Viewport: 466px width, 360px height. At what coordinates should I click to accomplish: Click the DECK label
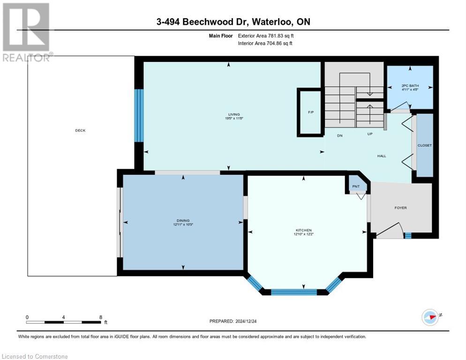[x=80, y=130]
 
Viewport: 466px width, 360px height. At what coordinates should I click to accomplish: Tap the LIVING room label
[x=233, y=114]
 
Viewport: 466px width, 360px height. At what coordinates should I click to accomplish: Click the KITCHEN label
[x=304, y=230]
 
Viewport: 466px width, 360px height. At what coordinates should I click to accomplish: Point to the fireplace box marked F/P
[x=310, y=112]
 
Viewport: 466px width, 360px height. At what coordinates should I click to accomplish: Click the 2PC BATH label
[x=410, y=86]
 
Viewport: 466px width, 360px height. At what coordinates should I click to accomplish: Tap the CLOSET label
[x=425, y=145]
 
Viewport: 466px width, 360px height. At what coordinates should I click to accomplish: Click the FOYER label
[x=400, y=208]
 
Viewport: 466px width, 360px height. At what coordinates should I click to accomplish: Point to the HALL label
[x=382, y=156]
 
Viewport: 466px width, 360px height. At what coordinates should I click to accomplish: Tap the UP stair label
[x=369, y=135]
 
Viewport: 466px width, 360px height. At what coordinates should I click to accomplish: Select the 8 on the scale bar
[x=101, y=317]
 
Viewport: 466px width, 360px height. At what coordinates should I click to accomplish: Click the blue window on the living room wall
[x=139, y=115]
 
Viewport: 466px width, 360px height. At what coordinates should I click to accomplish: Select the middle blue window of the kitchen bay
[x=294, y=292]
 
